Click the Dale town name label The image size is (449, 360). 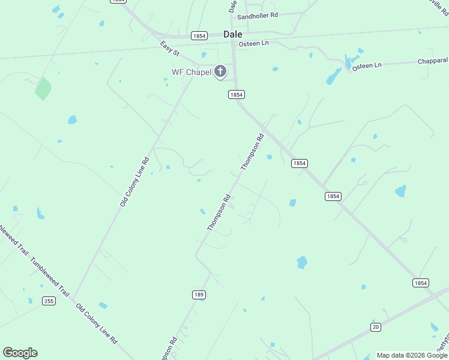coord(233,34)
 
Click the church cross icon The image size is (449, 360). coord(220,72)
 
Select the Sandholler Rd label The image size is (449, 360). coord(258,16)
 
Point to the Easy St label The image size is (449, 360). coord(170,49)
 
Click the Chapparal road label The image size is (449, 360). coord(433,61)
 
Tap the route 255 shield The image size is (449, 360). coord(49,301)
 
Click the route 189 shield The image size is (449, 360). coord(199,295)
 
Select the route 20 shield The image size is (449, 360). coord(376,326)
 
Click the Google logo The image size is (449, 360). coord(20,353)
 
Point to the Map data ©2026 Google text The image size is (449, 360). coord(412,355)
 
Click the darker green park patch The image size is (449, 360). coord(43,88)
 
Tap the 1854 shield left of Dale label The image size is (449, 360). coord(199,36)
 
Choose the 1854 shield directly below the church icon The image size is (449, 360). coord(236,95)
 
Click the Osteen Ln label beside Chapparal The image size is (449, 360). coord(367,66)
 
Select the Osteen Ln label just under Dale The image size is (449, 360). coord(253,44)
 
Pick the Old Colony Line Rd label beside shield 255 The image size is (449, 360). coord(96,324)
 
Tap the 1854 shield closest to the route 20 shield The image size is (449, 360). coord(421,283)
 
